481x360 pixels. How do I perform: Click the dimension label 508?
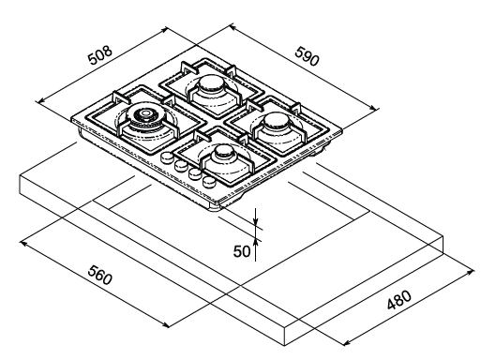[x=99, y=55]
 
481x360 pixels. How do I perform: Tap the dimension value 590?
[x=307, y=56]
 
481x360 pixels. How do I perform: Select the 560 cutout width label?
[x=99, y=275]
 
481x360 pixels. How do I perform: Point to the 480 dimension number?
[x=399, y=300]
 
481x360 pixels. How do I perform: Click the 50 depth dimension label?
[x=242, y=251]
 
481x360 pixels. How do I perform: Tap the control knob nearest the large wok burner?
[x=167, y=157]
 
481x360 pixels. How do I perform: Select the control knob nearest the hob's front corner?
[x=208, y=181]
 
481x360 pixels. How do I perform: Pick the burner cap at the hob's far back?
[x=212, y=83]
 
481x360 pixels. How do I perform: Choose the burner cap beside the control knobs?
[x=224, y=153]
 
